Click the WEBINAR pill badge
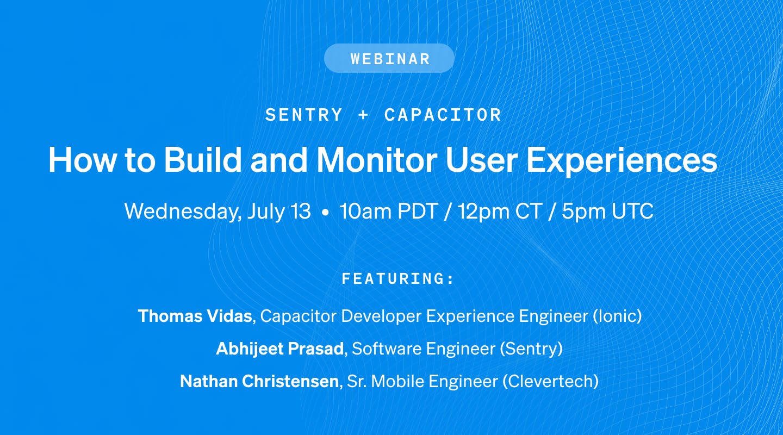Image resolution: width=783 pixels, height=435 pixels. point(389,58)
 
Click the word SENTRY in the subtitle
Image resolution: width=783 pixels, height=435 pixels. point(304,115)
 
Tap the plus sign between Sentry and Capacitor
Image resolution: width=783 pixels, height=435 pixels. point(363,115)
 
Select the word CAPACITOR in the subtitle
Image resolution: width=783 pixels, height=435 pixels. point(443,115)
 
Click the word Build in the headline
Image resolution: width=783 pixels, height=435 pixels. point(203,159)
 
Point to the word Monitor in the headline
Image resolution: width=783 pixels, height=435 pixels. point(377,159)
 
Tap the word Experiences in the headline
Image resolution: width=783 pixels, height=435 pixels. point(622,161)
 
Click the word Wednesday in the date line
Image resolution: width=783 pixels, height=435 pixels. point(183,212)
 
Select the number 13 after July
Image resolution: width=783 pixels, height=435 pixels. point(300,211)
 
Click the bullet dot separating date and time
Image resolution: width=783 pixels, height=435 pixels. point(325,212)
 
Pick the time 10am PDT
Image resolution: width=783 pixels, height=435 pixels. point(388,211)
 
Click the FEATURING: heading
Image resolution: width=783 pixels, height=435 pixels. point(397,279)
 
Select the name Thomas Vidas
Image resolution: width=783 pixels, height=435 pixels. point(195,316)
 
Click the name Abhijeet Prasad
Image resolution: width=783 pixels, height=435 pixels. point(280,349)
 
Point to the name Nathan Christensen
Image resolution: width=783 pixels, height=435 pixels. point(259,381)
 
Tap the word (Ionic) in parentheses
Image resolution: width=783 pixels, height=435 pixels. point(617,316)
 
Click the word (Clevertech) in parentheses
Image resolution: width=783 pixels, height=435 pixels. point(550,381)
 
